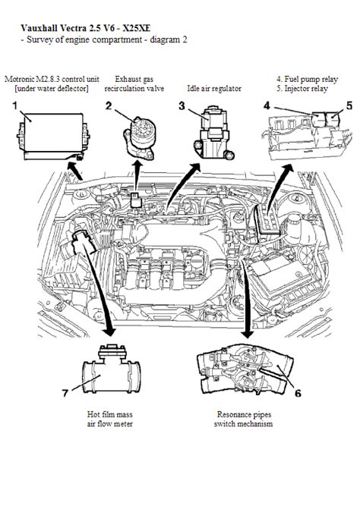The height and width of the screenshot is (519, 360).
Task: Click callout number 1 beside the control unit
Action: (14, 106)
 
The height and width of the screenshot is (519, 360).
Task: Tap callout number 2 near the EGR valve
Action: (109, 106)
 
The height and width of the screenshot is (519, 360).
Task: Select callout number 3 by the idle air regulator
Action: (182, 106)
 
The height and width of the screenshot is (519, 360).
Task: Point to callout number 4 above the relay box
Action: (267, 106)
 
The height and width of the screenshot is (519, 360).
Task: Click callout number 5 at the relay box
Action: (349, 106)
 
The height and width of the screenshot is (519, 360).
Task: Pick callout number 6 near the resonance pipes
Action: (298, 393)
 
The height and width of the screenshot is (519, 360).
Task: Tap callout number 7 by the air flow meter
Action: (65, 393)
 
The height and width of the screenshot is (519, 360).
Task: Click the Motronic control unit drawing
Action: (53, 137)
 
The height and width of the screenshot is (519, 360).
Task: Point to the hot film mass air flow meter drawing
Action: (112, 369)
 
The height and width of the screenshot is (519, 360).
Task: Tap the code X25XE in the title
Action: (136, 28)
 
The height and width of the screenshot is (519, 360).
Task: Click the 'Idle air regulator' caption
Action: (214, 88)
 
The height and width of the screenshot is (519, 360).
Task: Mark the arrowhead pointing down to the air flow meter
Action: (109, 332)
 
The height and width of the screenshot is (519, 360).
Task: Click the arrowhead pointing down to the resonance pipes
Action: (247, 333)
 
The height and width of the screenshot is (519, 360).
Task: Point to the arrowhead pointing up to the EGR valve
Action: (137, 166)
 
